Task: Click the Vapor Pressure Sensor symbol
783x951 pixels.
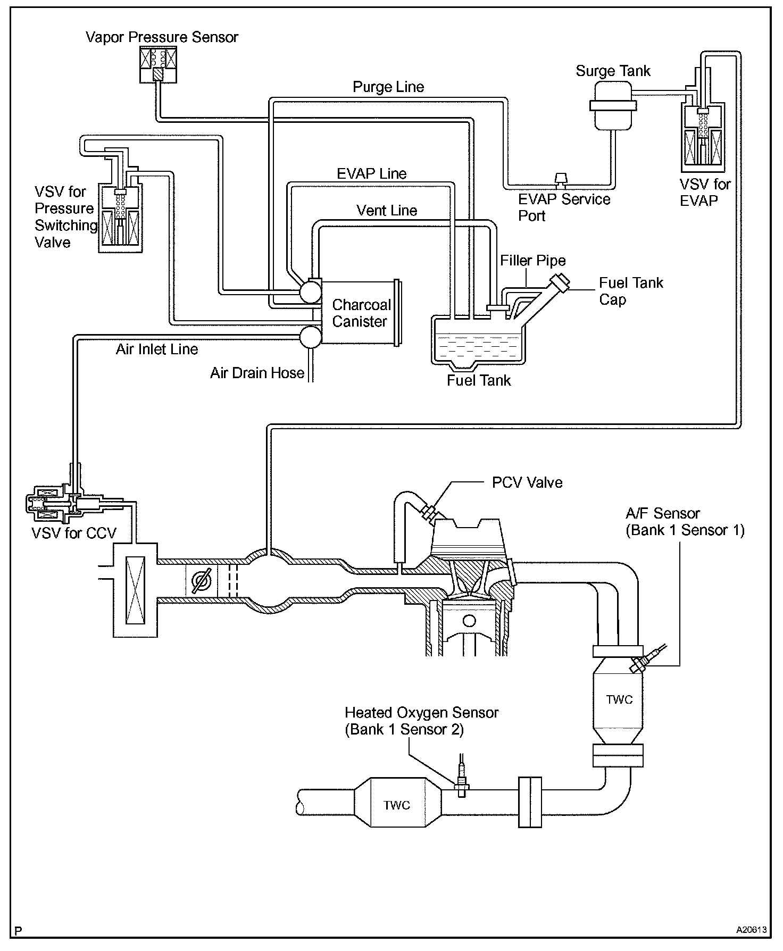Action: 158,64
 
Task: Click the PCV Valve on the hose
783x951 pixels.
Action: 429,512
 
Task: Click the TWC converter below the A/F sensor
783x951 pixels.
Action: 618,699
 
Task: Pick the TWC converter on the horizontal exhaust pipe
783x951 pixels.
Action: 397,805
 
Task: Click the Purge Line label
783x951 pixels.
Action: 388,87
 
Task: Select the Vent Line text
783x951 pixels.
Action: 387,210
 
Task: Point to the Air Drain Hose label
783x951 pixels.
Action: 257,373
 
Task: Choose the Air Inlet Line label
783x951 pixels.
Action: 157,349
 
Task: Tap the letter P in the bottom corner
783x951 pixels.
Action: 19,931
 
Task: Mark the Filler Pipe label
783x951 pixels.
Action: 533,261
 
